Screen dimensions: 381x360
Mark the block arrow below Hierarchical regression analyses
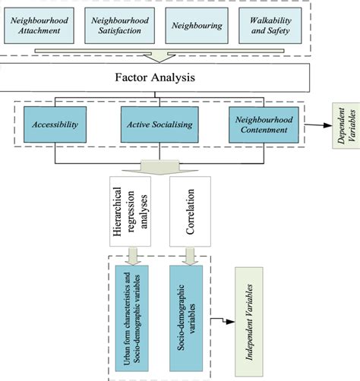(134, 256)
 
